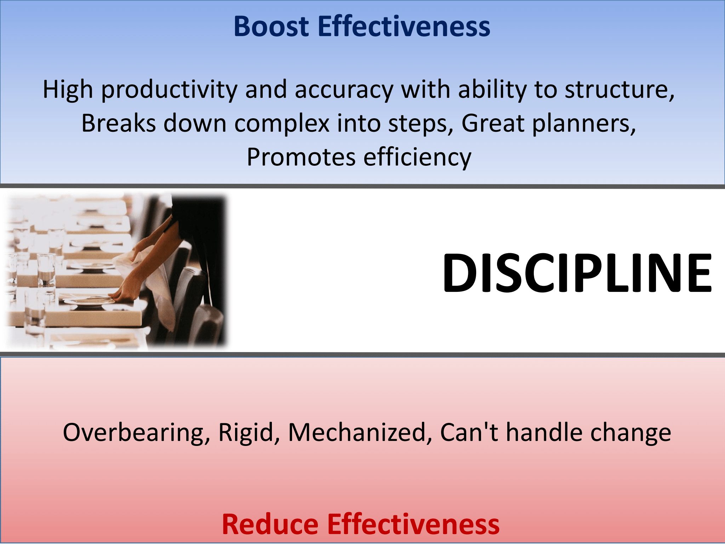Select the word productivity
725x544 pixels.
coord(169,90)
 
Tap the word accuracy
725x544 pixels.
coord(343,90)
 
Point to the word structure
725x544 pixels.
coord(620,90)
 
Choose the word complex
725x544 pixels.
coord(281,124)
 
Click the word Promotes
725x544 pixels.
coord(301,157)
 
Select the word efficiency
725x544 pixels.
coord(418,158)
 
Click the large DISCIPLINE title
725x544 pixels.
coord(577,273)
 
